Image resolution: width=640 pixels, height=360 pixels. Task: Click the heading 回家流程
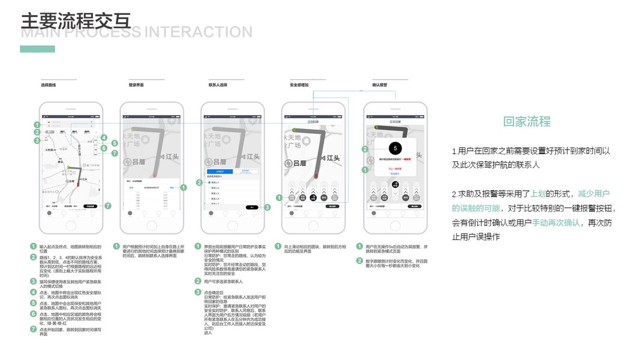click(527, 122)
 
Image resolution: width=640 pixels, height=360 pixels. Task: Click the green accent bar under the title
click(37, 49)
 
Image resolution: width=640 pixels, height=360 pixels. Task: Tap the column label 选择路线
click(48, 85)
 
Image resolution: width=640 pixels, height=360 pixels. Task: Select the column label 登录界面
click(137, 85)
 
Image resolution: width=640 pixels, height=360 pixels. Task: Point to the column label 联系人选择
click(218, 85)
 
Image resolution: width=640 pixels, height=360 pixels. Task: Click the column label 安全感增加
click(299, 85)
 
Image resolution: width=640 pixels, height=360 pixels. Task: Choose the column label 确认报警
click(380, 85)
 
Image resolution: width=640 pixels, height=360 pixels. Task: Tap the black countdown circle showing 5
click(394, 148)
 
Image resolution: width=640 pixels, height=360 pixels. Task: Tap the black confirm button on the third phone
click(253, 207)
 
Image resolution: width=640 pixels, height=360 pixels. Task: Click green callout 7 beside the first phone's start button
click(107, 206)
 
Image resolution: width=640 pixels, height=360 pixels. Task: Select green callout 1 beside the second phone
click(184, 188)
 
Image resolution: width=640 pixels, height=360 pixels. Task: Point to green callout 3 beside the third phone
click(268, 207)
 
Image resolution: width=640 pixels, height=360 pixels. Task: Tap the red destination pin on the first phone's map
click(74, 187)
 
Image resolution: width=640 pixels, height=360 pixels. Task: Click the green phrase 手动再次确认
click(556, 223)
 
